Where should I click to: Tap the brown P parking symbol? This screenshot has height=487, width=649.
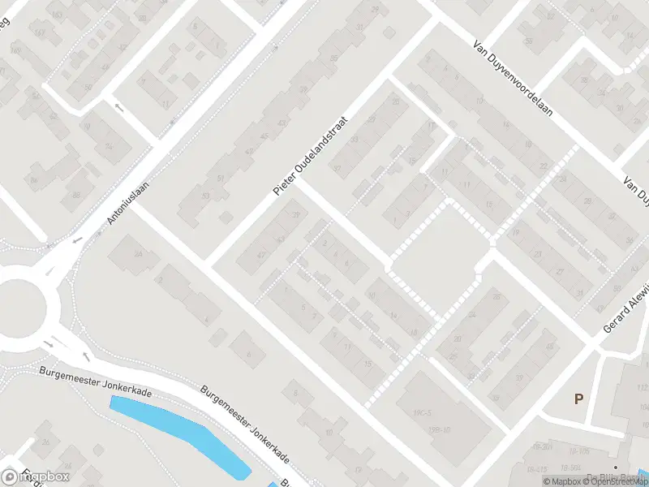pyautogui.click(x=578, y=399)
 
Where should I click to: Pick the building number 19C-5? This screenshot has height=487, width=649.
pyautogui.click(x=420, y=413)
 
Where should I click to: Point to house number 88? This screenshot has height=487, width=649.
pyautogui.click(x=75, y=195)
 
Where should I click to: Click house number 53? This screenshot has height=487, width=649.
pyautogui.click(x=205, y=196)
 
